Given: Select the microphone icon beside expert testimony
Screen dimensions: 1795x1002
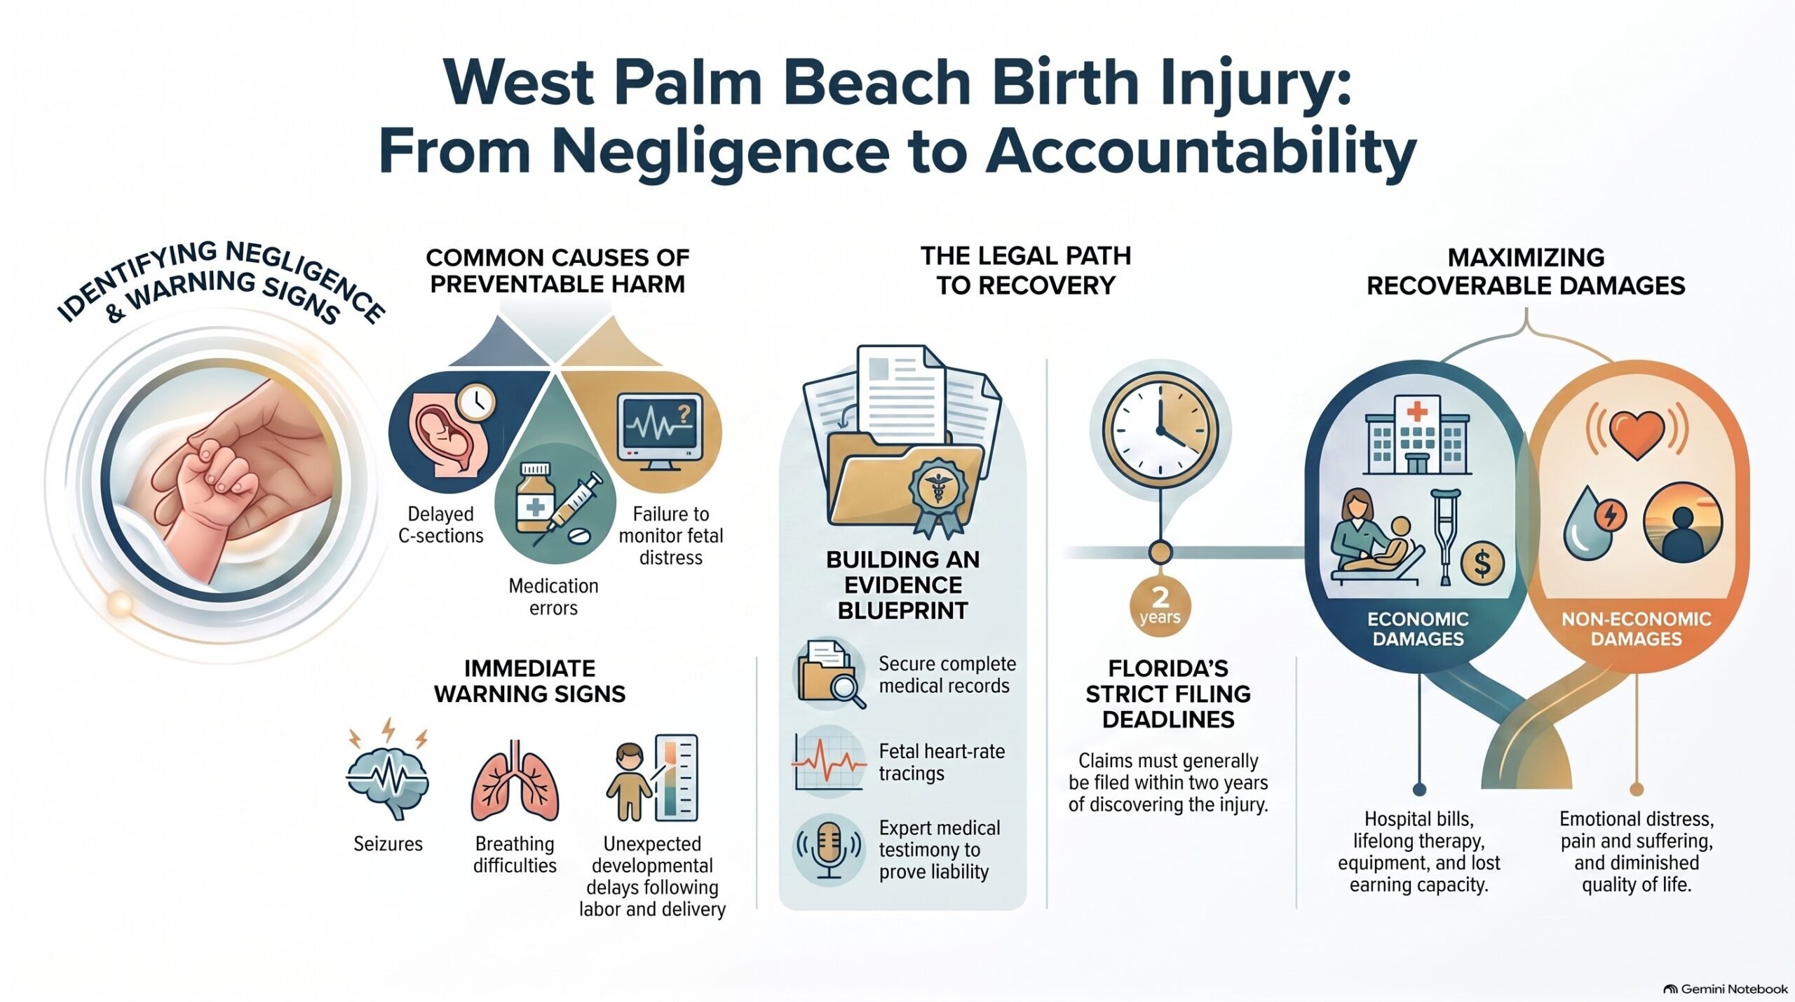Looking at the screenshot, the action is click(829, 850).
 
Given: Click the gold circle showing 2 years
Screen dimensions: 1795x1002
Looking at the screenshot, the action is click(1160, 607).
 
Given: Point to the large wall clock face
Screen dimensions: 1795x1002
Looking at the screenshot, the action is click(1160, 430).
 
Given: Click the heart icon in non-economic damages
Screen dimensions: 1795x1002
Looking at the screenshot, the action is click(1637, 433).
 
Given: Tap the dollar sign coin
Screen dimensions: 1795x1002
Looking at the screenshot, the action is click(1482, 563).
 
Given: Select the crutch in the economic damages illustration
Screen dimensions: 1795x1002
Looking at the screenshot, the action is click(1446, 536).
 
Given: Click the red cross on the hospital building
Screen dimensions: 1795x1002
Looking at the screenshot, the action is click(1417, 411).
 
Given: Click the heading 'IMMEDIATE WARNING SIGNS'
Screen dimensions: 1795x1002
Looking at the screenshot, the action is click(529, 681).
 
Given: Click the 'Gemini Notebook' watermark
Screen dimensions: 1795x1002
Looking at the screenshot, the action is click(1726, 989).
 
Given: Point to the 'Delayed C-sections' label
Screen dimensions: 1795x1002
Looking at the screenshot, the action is click(441, 524).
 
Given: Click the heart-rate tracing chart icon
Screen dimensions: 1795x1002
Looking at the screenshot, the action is click(829, 762).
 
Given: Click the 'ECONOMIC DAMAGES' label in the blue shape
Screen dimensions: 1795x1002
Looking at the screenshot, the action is click(1418, 629).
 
